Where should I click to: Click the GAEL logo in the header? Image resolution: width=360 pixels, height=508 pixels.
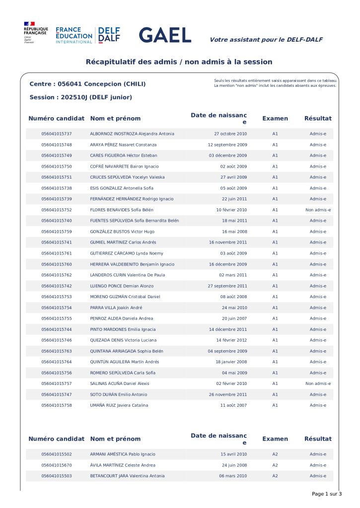pos(165,35)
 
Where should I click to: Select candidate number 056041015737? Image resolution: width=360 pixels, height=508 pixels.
pos(57,134)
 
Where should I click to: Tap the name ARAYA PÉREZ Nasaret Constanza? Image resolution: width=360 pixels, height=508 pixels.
pos(123,145)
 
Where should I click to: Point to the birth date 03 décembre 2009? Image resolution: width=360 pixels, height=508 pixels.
pos(228,156)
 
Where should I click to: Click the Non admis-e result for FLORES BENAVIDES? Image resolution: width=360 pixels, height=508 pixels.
pos(318,210)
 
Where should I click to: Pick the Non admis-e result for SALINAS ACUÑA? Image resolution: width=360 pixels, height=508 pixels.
pos(318,383)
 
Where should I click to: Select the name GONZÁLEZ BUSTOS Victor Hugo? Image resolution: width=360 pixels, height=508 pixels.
pos(122,232)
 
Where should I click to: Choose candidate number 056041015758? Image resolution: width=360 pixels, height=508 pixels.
pos(57,405)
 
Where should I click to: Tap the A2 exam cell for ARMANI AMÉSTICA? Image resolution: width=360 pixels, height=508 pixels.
pos(275,454)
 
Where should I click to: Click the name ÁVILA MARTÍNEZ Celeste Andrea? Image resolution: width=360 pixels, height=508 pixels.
pos(123,465)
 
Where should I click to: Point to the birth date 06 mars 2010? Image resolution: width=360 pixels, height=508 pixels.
pos(233,476)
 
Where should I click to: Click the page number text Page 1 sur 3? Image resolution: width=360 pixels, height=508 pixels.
pos(327,494)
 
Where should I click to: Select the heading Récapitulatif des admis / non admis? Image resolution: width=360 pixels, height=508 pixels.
pos(179,62)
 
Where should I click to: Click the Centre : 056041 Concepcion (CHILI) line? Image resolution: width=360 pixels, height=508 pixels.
pos(87,84)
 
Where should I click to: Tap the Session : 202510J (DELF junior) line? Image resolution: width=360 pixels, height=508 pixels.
pos(80,97)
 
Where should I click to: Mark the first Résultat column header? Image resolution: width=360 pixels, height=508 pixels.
pos(318,119)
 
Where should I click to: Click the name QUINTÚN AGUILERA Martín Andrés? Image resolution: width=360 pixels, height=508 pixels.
pos(125,362)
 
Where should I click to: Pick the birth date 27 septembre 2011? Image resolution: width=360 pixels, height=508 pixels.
pos(227,286)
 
